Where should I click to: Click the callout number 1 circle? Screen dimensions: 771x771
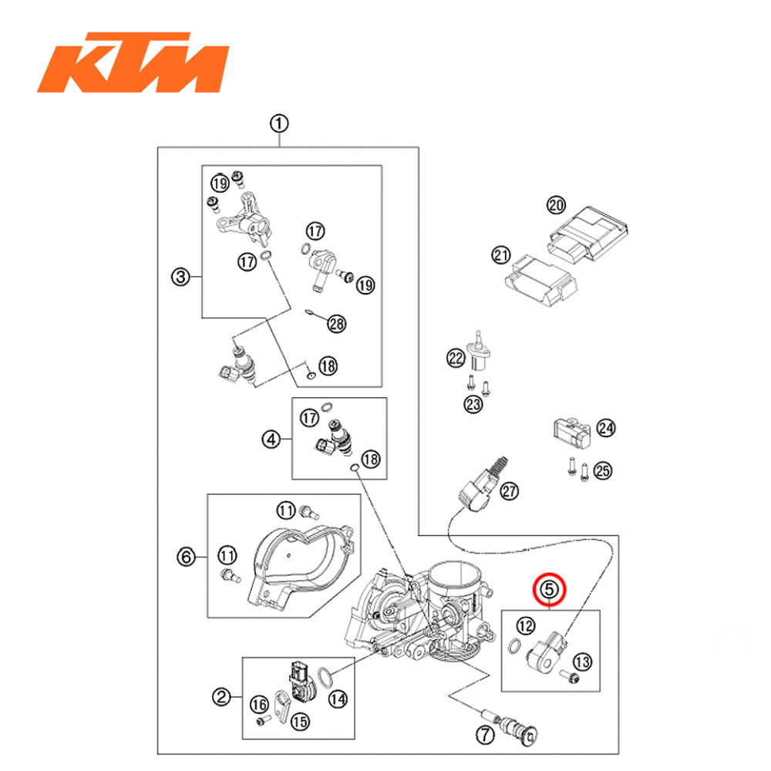point(278,123)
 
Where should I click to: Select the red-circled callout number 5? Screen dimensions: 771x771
point(550,590)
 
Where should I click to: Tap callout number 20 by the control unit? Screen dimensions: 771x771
point(556,205)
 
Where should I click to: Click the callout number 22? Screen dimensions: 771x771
point(456,357)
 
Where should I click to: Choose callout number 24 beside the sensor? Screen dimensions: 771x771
point(607,427)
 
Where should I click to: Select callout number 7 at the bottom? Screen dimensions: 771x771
point(483,735)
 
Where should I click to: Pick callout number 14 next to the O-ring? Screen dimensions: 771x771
point(337,699)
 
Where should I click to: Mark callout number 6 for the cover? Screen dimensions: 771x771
point(185,555)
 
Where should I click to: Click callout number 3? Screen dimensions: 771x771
point(181,277)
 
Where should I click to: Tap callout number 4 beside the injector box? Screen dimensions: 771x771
point(271,439)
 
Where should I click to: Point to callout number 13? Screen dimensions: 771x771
point(583,661)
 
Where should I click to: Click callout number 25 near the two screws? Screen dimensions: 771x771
point(603,470)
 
